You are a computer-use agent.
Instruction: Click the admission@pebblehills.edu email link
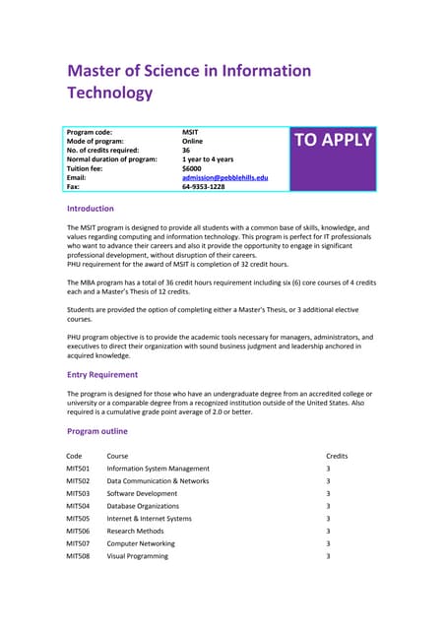pos(225,177)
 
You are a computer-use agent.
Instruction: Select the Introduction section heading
pos(90,209)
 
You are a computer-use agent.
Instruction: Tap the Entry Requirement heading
pos(102,374)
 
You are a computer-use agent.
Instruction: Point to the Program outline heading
pos(97,431)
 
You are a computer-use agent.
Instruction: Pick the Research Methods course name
pos(136,531)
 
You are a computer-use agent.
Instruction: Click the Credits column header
pos(337,456)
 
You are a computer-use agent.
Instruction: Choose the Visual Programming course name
pos(137,556)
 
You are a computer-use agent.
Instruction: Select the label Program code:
pos(90,131)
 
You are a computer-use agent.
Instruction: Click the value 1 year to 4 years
pos(208,158)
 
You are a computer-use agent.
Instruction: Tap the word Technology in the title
pos(110,94)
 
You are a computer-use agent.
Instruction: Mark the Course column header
pos(117,456)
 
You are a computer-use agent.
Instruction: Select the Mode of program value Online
pos(193,140)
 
